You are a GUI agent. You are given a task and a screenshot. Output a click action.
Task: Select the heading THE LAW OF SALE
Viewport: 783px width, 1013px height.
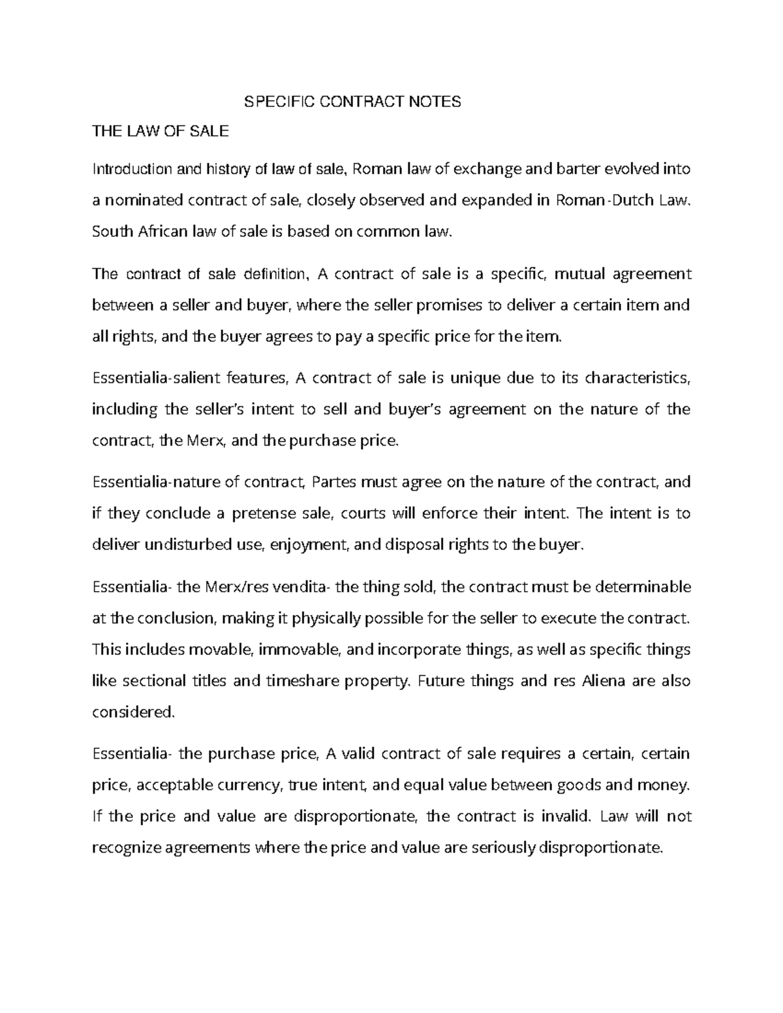pos(161,131)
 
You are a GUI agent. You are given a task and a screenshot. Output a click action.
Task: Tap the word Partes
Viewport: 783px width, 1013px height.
pos(335,483)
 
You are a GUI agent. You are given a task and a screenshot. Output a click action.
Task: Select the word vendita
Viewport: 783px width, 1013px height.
pos(299,587)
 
